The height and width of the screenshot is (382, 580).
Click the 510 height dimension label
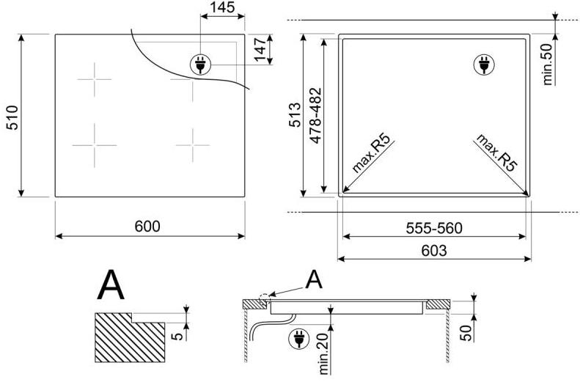tap(13, 118)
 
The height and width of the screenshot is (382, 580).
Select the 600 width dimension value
tap(147, 226)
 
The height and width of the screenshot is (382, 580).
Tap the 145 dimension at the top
tap(222, 7)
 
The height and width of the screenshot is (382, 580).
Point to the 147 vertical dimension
tap(260, 50)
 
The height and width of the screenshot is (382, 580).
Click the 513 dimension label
tap(295, 115)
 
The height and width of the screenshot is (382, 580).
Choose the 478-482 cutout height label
tap(316, 115)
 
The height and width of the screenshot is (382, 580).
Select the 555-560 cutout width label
tap(434, 228)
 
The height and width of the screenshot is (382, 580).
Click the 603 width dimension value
tap(434, 251)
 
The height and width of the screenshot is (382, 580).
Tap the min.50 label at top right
tap(548, 64)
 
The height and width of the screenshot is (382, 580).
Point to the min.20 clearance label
tap(323, 353)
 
